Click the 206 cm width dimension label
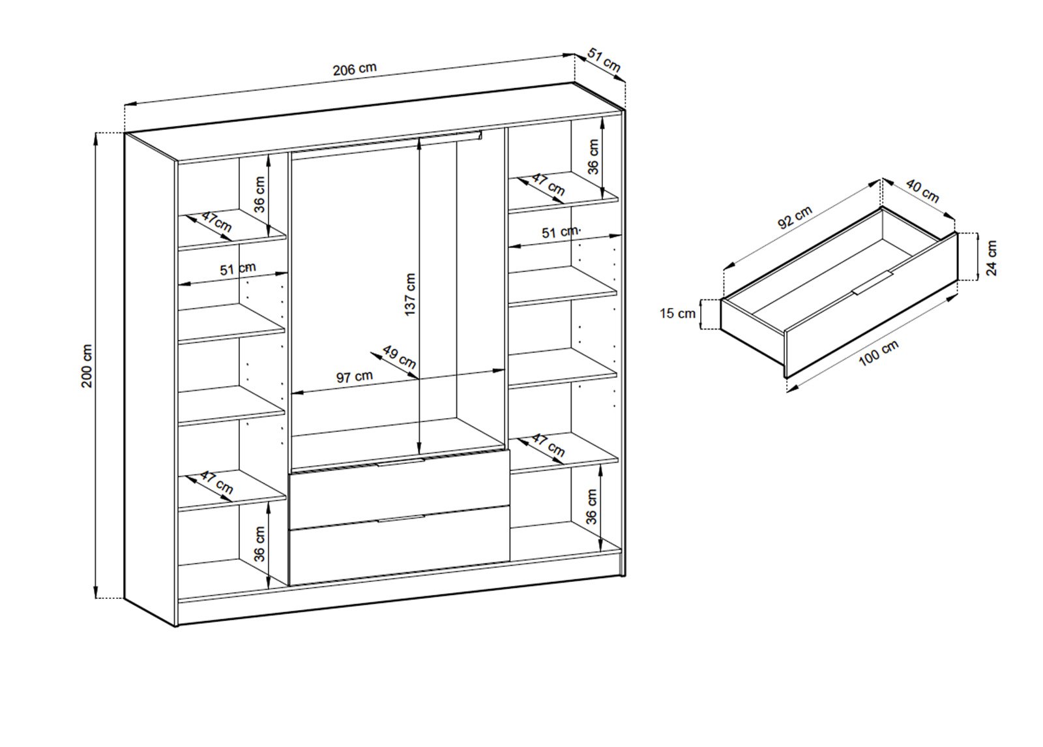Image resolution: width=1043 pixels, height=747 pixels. pos(355,69)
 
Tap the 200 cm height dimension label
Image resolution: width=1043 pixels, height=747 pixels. pos(87,366)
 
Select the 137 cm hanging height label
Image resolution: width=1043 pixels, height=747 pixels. pos(410,294)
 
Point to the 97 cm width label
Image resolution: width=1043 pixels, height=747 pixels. pos(355,376)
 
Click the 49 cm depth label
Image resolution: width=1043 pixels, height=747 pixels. pos(399,356)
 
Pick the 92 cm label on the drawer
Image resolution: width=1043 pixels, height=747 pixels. pos(795,218)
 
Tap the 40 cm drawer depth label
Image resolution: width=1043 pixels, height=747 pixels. pos(922,191)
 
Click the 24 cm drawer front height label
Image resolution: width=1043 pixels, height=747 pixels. pos(991,258)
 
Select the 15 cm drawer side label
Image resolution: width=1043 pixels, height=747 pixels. pos(677,313)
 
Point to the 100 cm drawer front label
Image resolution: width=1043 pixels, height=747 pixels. pos(879,353)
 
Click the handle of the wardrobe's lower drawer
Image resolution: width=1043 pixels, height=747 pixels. pos(401,519)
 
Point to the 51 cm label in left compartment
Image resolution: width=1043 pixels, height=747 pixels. pos(238,269)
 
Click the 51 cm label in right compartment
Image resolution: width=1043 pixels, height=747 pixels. pos(560,232)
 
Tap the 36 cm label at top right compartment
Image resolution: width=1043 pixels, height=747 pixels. pos(593,156)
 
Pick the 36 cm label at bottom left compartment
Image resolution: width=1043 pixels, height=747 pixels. pos(260,543)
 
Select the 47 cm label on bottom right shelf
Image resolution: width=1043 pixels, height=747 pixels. pos(548,445)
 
